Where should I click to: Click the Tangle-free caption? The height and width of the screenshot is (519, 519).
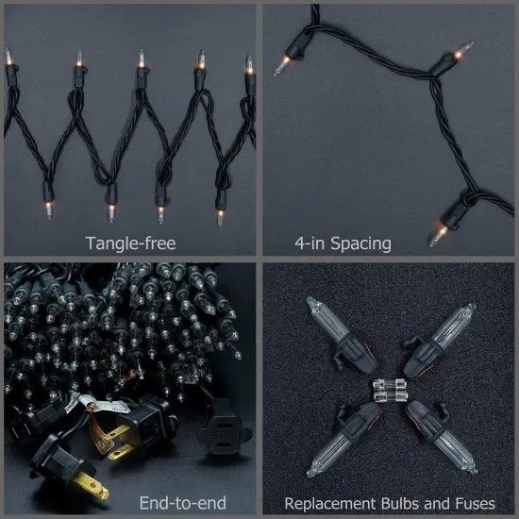pos(130,243)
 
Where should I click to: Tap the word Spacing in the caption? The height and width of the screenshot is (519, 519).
pos(360,243)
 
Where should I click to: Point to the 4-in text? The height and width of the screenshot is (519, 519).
pos(310,243)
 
